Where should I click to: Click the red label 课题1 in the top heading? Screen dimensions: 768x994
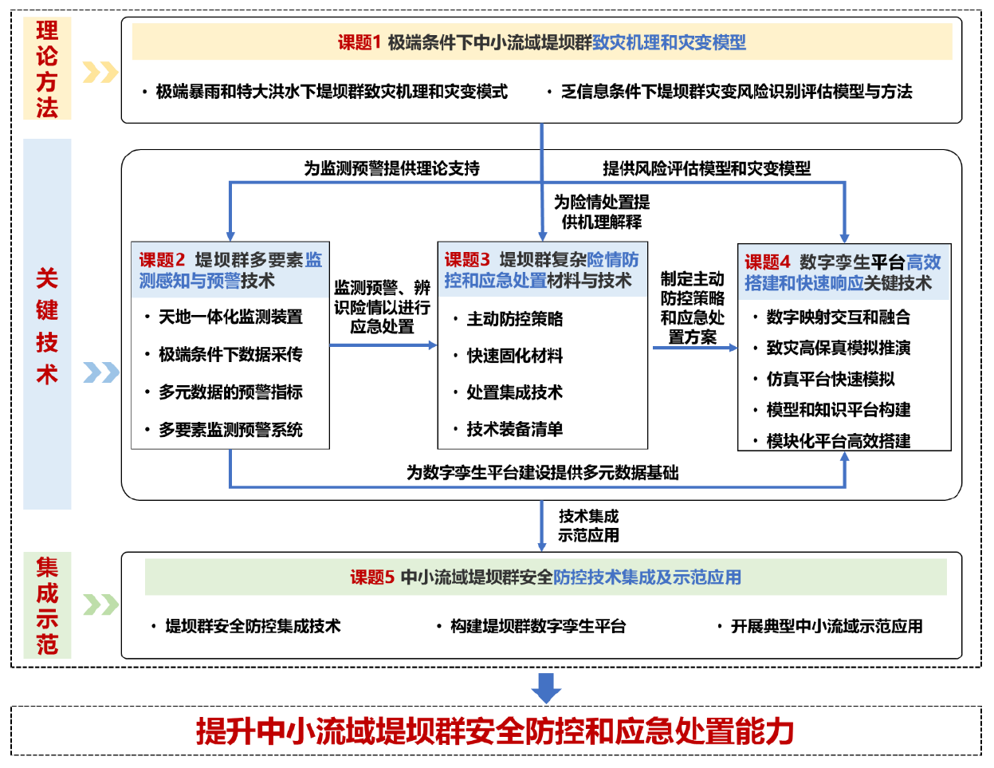click(359, 42)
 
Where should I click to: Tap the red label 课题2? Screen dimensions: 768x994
click(162, 260)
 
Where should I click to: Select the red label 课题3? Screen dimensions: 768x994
click(467, 260)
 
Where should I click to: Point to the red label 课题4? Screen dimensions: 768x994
click(767, 262)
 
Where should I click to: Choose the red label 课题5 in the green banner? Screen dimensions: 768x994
click(372, 577)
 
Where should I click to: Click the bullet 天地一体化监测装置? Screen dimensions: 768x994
click(230, 317)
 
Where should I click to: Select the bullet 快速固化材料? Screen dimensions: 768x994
click(514, 356)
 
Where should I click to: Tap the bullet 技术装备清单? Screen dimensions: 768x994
click(514, 429)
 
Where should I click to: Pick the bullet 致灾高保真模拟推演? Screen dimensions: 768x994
click(838, 348)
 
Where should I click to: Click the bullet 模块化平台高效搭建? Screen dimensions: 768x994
click(838, 441)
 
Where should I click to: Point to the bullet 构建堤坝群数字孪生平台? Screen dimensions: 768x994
click(537, 626)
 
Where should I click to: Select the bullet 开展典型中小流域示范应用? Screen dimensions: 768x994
click(826, 626)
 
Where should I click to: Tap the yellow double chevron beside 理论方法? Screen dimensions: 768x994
click(100, 73)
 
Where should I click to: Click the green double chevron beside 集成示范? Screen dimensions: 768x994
click(100, 605)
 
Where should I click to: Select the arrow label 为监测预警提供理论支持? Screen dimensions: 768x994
click(391, 168)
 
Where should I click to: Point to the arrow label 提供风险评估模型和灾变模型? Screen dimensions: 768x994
click(706, 168)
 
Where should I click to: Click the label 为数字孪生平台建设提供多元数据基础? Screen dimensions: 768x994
click(542, 473)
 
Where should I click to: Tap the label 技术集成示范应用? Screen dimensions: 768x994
click(588, 526)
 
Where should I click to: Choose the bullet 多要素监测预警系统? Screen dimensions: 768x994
click(230, 430)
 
